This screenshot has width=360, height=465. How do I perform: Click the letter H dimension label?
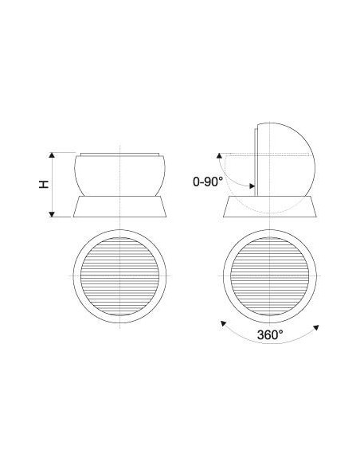[x=44, y=184]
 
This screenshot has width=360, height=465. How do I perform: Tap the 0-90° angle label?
[x=208, y=182]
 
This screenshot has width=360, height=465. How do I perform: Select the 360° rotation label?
[x=270, y=335]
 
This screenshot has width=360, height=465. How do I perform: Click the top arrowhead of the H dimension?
[x=52, y=154]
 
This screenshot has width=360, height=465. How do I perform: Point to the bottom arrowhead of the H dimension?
[x=52, y=214]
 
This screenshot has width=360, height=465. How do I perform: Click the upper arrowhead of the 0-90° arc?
[x=219, y=155]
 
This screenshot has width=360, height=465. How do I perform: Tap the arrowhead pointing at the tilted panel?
[x=252, y=186]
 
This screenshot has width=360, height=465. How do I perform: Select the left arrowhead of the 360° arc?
[x=223, y=323]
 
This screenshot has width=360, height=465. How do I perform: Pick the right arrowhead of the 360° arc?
[x=316, y=327]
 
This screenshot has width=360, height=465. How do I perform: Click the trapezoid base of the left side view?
[x=119, y=206]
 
